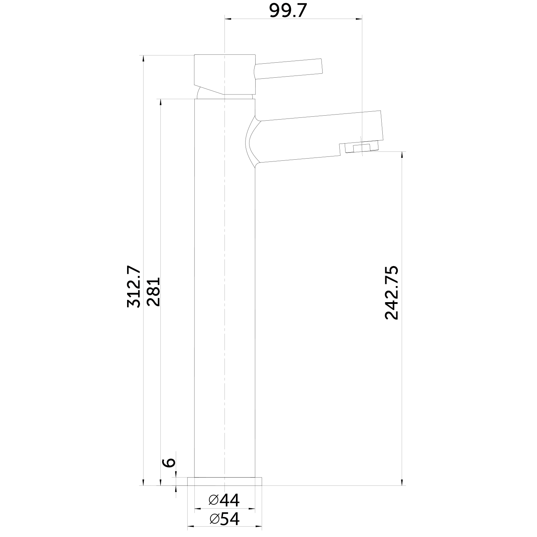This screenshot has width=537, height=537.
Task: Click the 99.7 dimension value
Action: coord(288,11)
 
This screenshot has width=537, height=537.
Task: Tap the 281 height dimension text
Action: coord(154,291)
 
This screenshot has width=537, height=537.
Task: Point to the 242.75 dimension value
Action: coord(391,292)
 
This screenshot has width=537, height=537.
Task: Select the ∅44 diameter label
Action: coord(224,500)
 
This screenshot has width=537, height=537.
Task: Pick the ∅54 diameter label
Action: coord(224,519)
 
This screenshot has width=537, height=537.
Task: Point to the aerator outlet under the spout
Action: coord(361,148)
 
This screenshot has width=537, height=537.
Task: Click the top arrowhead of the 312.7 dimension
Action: coord(143,59)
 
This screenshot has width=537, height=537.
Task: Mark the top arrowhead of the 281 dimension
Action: coord(160,102)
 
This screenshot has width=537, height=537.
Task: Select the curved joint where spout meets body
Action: coord(252,141)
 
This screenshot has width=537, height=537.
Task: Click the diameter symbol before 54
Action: coord(214,519)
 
